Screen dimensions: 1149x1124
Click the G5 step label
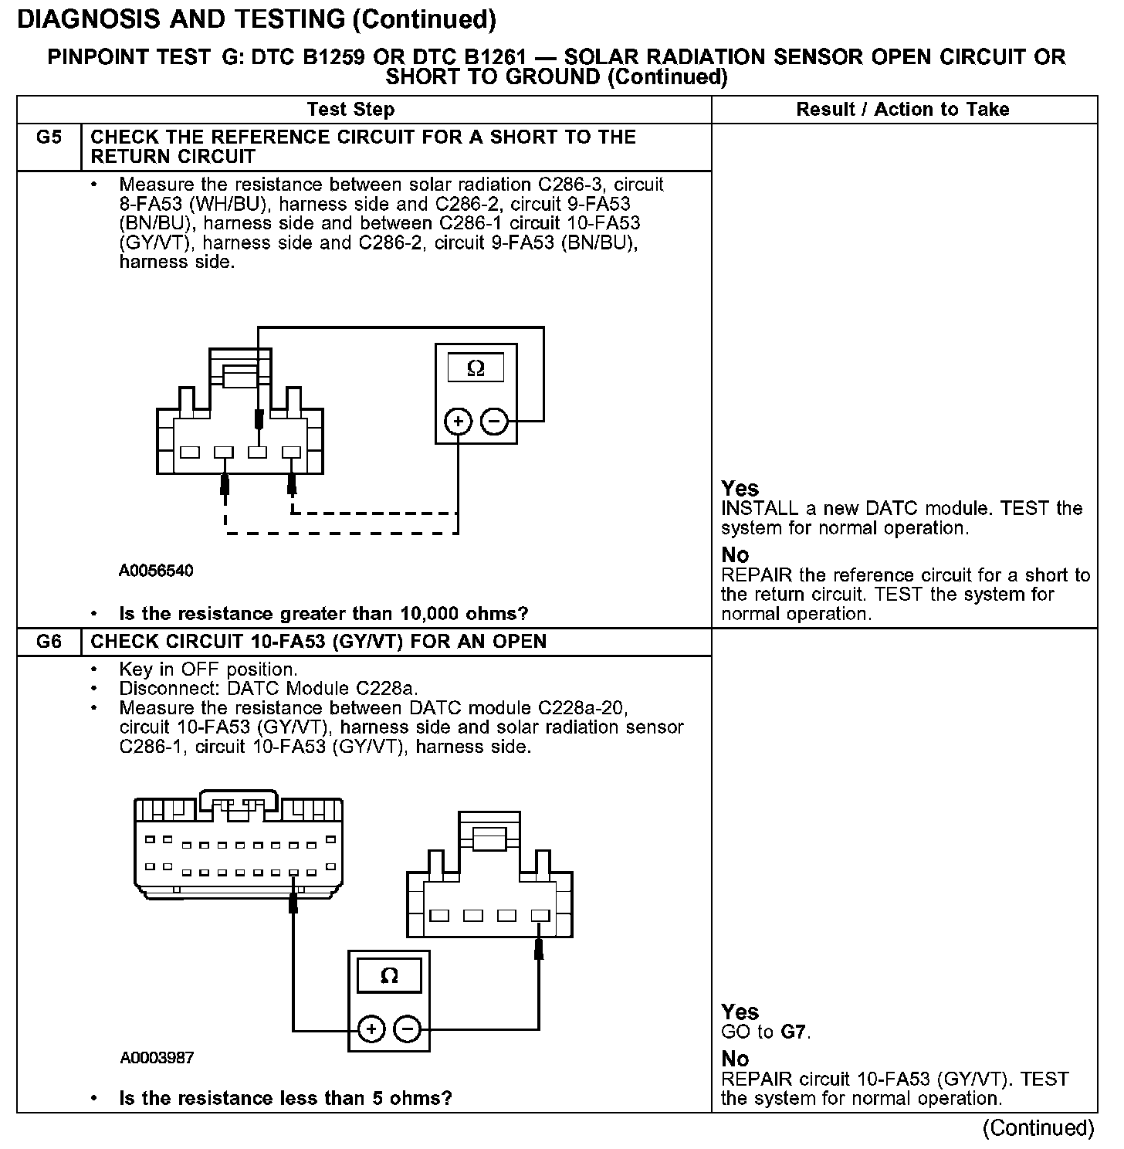49,137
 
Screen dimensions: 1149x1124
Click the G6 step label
49,642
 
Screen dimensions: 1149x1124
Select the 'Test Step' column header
350,110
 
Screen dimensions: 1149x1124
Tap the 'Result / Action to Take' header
902,110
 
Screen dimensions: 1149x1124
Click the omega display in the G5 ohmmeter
476,368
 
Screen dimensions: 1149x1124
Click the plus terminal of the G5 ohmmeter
458,422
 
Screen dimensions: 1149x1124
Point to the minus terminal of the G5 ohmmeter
494,422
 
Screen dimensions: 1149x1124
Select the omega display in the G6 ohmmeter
389,975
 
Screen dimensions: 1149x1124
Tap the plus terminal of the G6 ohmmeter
371,1029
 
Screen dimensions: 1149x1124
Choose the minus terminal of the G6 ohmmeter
408,1029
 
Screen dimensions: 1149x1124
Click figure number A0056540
156,571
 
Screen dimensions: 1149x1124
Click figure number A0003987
157,1057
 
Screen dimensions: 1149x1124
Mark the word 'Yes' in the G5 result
740,488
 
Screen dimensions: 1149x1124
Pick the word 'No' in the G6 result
735,1058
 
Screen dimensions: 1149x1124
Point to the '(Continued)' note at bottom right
1038,1128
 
